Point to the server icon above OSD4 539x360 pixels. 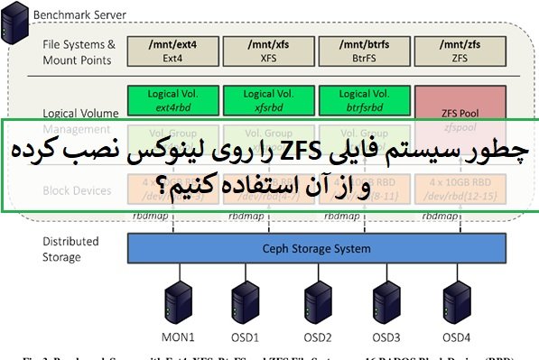tap(456, 298)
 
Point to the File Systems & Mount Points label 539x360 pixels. tap(79, 51)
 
